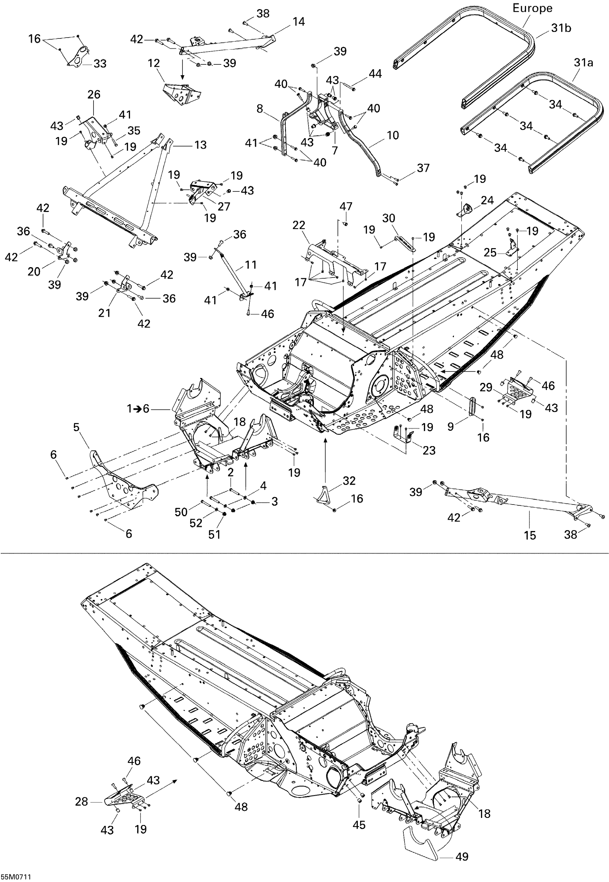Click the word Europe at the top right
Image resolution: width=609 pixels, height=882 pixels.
532,9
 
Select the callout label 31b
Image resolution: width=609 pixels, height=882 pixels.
561,28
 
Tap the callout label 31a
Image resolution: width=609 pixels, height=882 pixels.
583,63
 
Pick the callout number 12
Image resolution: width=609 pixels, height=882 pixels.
154,63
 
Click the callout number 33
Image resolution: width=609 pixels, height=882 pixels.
100,64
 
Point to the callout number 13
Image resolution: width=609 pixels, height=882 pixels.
200,145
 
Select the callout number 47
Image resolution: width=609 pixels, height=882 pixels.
346,206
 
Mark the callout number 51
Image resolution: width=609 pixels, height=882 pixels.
214,534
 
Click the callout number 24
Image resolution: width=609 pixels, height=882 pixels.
487,200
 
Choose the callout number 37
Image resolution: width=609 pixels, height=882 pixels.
423,168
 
